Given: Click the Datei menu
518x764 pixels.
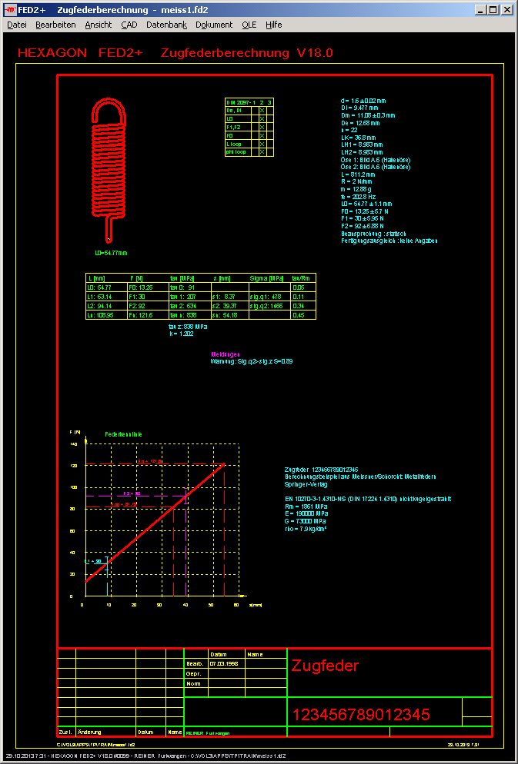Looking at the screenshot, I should click(16, 25).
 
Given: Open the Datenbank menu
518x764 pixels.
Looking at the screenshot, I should click(166, 25).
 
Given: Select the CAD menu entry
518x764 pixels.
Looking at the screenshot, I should click(129, 25).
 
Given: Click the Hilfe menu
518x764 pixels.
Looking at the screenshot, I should click(273, 25).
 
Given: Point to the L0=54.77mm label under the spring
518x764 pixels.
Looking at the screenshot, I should click(111, 252).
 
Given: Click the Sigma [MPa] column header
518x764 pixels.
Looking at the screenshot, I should click(267, 277).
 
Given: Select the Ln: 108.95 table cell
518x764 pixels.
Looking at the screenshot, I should click(101, 315).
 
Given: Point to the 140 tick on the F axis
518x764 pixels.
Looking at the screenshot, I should click(74, 444).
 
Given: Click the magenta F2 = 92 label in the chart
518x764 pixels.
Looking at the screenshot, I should click(132, 493).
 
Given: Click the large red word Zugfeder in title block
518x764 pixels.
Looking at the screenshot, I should click(325, 666).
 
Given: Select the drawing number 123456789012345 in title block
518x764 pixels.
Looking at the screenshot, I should click(360, 716).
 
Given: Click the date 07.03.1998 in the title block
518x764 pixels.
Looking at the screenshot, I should click(222, 663).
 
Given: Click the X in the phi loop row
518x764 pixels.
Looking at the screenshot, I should click(262, 152).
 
